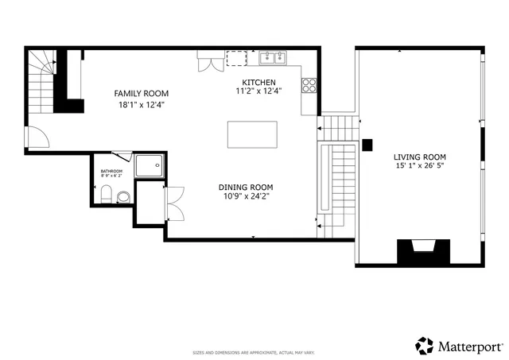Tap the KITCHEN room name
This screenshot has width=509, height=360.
pos(259,82)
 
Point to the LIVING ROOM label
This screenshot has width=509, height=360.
pos(419,157)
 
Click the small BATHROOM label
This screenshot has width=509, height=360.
pos(111,171)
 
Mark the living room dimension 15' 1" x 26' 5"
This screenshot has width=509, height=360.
pos(419,168)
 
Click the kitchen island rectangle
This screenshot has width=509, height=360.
pos(252,134)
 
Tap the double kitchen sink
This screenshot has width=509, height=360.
pos(273,57)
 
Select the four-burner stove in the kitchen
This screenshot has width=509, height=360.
pos(309,86)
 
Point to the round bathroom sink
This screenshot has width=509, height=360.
pos(123,196)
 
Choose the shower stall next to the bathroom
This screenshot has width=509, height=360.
pos(148,165)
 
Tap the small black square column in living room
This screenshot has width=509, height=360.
pos(367,145)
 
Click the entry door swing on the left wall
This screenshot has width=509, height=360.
pos(37,137)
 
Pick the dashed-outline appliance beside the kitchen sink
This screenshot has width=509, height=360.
pos(237,58)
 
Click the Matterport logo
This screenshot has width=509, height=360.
pos(459,346)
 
